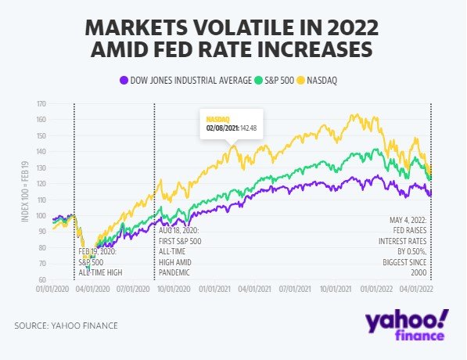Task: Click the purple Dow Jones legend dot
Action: coord(124,80)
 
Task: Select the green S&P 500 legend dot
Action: coord(258,80)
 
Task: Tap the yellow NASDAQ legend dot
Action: coord(301,80)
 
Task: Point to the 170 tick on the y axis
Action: coord(41,104)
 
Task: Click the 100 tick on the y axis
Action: coord(41,215)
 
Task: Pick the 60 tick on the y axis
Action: coord(42,279)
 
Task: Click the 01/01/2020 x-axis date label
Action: coord(52,289)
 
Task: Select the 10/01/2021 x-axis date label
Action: coord(336,289)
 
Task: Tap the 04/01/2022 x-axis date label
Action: coord(416,289)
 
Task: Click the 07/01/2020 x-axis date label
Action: coord(133,289)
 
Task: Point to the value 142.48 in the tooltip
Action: coord(248,128)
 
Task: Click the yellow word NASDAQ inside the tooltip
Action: coord(217,120)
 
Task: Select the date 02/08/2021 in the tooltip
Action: coord(222,128)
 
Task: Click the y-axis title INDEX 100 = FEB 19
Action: coord(25,192)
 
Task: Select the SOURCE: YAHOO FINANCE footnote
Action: coord(66,326)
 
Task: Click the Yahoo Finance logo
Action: coord(407,326)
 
